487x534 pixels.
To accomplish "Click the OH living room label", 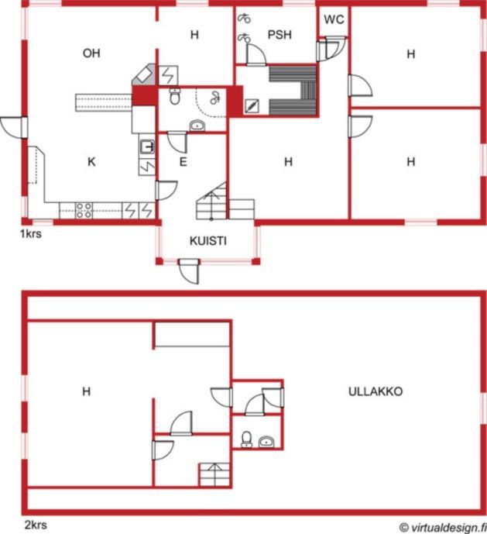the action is tap(91, 53).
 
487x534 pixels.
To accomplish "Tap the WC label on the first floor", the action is tap(334, 19).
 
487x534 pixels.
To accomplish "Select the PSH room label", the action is tap(280, 35).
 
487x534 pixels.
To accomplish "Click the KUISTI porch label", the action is tap(208, 241).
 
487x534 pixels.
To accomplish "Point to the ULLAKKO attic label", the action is tap(376, 391).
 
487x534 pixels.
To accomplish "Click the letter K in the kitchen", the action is tap(91, 162).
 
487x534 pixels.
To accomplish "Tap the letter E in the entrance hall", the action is tap(183, 162).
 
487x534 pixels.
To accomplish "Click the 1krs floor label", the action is tap(31, 234).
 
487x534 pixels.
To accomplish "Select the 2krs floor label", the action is tap(36, 525).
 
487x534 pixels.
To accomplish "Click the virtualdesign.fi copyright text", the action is tap(443, 528).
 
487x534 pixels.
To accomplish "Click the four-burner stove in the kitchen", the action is tap(84, 211).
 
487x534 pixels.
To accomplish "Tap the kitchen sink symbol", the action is tap(147, 146).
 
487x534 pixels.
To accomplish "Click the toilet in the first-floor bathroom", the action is tap(175, 96).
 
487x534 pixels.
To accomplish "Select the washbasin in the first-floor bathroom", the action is tap(197, 126).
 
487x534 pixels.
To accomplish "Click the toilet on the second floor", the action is tap(246, 439).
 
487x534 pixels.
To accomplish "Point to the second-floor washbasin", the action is tap(266, 442).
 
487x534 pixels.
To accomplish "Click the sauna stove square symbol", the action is tap(252, 106).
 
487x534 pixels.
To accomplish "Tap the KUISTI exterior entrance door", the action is tap(189, 270).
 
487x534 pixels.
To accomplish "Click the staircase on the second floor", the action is tap(214, 474).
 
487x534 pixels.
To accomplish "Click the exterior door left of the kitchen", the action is tap(14, 128).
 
